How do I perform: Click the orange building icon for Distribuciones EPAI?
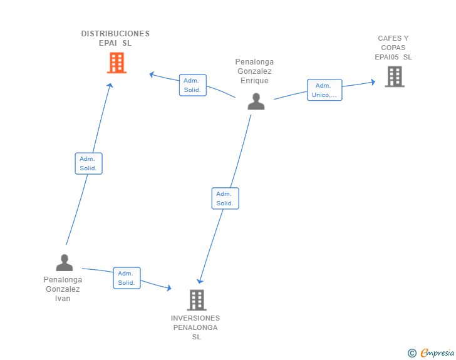pyautogui.click(x=117, y=63)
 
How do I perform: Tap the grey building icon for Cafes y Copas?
pyautogui.click(x=394, y=76)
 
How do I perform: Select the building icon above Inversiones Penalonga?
pyautogui.click(x=197, y=300)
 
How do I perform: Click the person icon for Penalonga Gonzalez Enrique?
pyautogui.click(x=256, y=101)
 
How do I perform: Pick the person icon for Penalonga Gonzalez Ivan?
pyautogui.click(x=65, y=263)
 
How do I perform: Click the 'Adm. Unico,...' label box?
pyautogui.click(x=324, y=90)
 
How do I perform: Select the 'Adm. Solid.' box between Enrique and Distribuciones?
pyautogui.click(x=192, y=85)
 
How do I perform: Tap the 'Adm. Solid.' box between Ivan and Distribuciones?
pyautogui.click(x=88, y=163)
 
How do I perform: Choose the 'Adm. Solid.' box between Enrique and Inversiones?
pyautogui.click(x=225, y=198)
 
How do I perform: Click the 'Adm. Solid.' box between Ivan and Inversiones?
pyautogui.click(x=127, y=278)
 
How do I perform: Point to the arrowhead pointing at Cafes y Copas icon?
pyautogui.click(x=373, y=82)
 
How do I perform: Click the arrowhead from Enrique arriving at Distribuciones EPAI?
pyautogui.click(x=152, y=75)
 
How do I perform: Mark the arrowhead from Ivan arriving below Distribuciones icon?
pyautogui.click(x=110, y=86)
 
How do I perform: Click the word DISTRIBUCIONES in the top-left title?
pyautogui.click(x=115, y=34)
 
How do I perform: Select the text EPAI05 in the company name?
pyautogui.click(x=386, y=57)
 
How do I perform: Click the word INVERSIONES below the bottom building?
pyautogui.click(x=195, y=318)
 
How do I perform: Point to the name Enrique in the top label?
pyautogui.click(x=254, y=81)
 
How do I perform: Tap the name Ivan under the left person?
pyautogui.click(x=63, y=299)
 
